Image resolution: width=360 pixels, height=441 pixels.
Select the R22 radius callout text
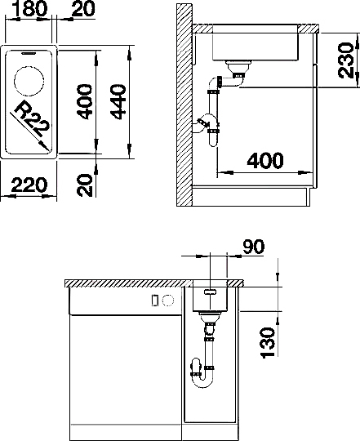33,118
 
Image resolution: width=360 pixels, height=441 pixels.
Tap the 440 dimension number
118,102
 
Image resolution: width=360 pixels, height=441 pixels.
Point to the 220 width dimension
29,185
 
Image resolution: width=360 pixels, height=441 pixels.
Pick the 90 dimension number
254,247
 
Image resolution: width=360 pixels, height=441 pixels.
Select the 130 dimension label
268,342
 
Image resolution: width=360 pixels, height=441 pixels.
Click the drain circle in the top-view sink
29,81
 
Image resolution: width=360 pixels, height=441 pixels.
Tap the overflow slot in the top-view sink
29,53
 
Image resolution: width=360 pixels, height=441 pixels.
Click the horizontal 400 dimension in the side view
265,161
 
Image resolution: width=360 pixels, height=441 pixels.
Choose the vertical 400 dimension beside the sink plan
84,101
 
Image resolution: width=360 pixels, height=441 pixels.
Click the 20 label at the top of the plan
83,8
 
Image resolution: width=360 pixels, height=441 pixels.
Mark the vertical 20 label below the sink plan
85,185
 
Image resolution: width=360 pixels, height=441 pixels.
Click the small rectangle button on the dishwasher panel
154,301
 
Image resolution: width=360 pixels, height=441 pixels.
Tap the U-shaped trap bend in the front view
204,381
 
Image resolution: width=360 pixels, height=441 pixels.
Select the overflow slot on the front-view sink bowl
211,292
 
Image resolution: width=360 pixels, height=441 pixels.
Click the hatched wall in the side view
184,105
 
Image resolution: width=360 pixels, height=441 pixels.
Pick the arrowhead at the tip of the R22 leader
44,145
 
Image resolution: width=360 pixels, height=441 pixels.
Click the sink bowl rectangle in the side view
255,42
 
